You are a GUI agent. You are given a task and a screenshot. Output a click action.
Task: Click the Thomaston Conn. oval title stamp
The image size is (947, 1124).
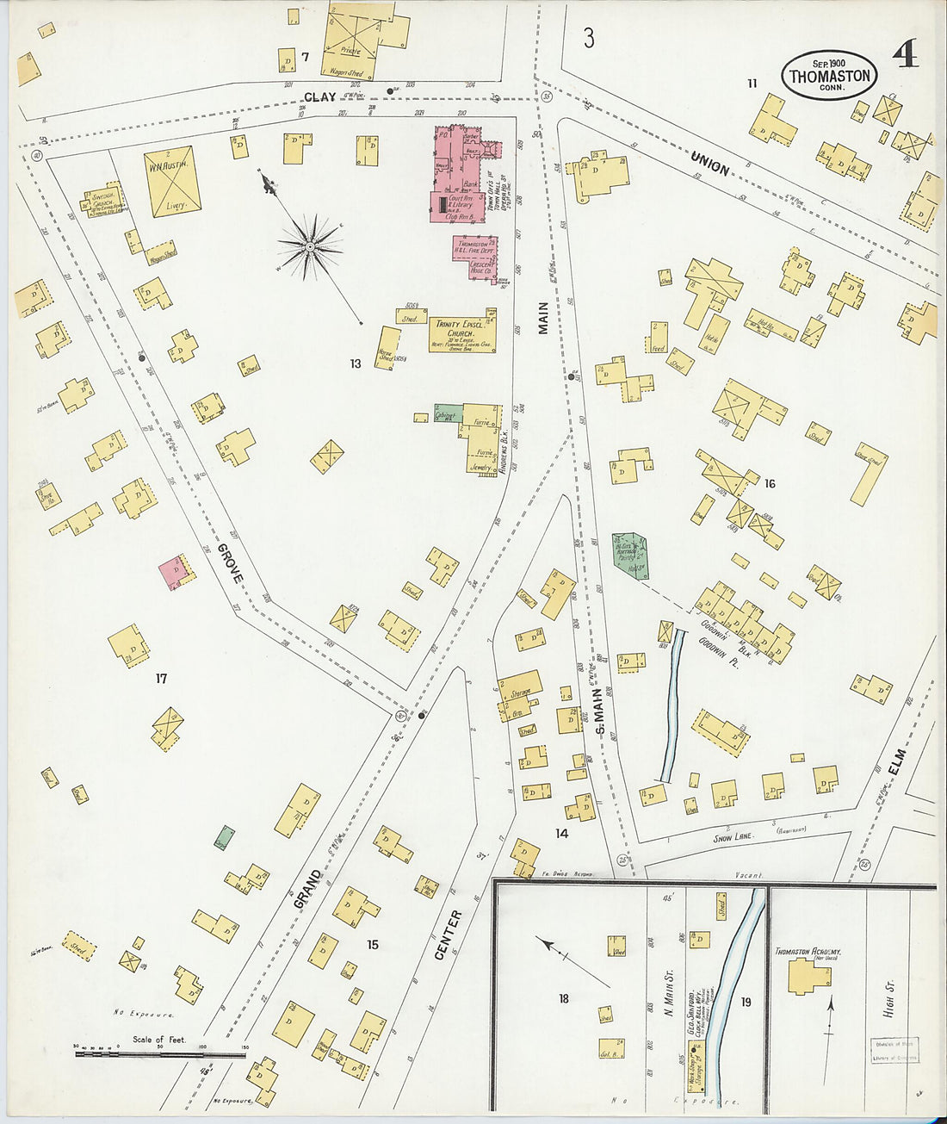(830, 76)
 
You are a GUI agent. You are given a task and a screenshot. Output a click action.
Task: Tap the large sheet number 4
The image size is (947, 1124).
(905, 55)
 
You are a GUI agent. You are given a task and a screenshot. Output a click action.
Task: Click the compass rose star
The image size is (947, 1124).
(309, 247)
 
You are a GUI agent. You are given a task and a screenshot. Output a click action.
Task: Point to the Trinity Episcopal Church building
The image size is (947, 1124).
(461, 330)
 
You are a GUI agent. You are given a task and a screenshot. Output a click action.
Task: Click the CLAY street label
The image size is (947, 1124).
(319, 97)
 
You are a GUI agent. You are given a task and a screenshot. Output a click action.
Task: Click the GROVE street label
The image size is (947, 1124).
(230, 563)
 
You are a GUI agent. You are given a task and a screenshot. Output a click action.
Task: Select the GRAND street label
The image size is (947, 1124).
(307, 890)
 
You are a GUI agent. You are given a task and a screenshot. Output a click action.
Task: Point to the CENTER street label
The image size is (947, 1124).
(449, 935)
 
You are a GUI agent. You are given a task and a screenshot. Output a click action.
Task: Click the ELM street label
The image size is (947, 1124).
(897, 761)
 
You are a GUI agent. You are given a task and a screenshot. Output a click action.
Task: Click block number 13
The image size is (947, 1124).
(355, 364)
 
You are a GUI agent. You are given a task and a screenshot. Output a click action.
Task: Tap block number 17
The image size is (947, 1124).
(161, 679)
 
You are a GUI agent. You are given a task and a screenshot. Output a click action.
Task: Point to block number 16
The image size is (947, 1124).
(769, 483)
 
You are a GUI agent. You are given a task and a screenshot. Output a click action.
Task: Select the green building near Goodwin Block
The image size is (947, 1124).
(631, 557)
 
